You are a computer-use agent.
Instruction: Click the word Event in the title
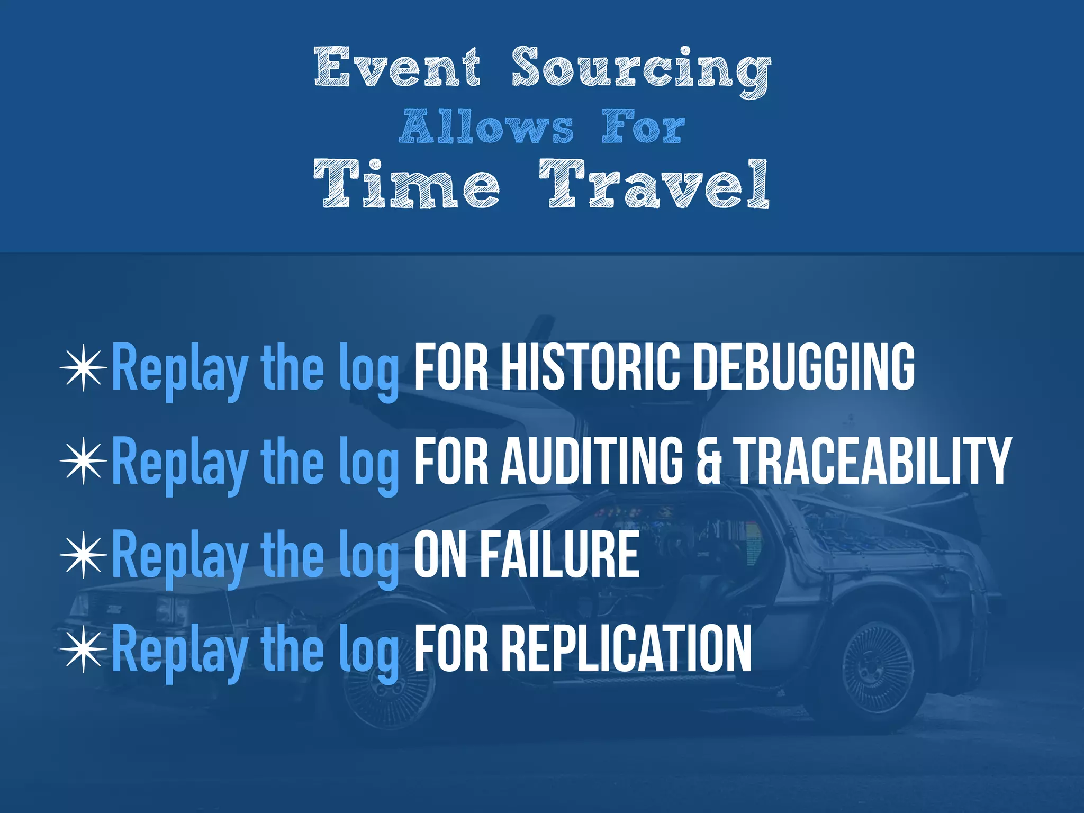pos(398,67)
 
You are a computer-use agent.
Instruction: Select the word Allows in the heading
pos(486,127)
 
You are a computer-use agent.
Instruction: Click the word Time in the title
pos(406,183)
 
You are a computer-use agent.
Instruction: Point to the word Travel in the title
pos(654,183)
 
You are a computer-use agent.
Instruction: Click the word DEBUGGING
pos(804,367)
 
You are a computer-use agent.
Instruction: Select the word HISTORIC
pos(590,367)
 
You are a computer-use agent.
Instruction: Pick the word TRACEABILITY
pos(873,460)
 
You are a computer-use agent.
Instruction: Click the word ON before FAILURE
pos(440,554)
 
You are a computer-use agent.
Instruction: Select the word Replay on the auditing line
pos(180,463)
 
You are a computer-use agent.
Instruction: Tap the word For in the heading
pos(643,127)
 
